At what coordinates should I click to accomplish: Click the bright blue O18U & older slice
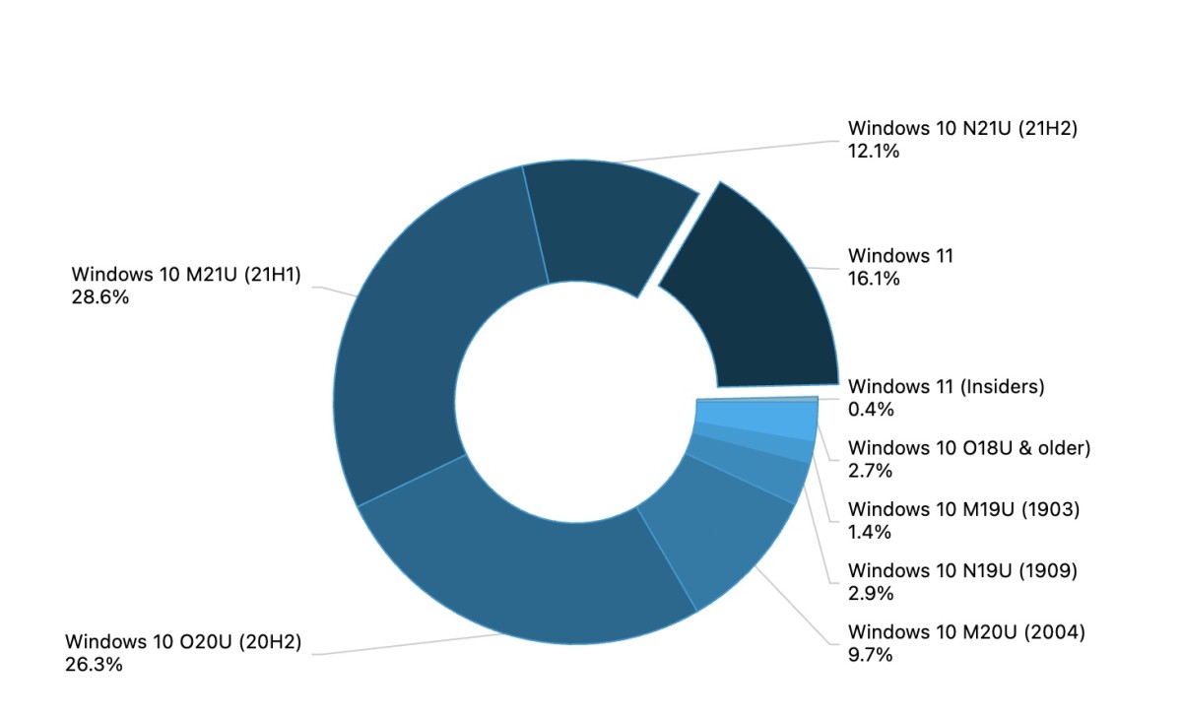click(x=758, y=419)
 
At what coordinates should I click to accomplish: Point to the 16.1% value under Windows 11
click(x=874, y=279)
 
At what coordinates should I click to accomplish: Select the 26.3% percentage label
click(x=94, y=664)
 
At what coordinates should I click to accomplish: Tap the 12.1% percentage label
click(x=874, y=150)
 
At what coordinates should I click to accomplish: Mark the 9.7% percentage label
click(x=870, y=654)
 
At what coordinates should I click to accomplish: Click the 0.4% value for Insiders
click(x=870, y=409)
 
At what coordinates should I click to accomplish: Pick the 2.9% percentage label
click(x=870, y=593)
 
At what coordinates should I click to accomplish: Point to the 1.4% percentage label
click(x=870, y=532)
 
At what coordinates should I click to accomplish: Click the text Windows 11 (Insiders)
click(x=946, y=387)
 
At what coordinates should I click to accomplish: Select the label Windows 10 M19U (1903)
click(x=964, y=510)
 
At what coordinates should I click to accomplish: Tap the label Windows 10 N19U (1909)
click(x=962, y=571)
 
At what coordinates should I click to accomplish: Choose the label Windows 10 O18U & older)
click(x=969, y=449)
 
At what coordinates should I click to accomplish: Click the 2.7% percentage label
click(x=870, y=471)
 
